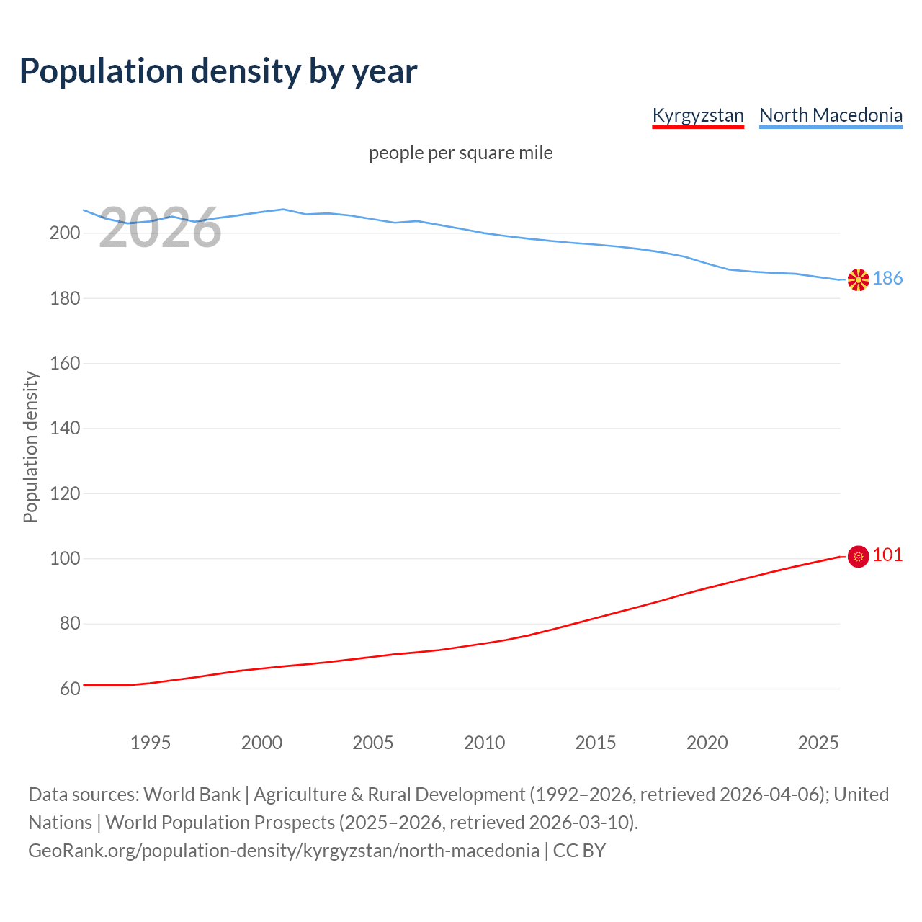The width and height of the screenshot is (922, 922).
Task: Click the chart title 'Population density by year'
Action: click(x=218, y=71)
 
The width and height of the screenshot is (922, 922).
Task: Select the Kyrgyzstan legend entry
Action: click(x=697, y=115)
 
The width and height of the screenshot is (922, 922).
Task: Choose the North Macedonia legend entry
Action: click(x=831, y=115)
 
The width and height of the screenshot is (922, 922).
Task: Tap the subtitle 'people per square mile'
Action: click(x=460, y=153)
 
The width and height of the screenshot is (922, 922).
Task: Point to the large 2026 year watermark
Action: click(x=160, y=228)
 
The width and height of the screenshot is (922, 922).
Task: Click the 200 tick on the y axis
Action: click(x=64, y=233)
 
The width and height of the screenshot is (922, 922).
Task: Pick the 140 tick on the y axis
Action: click(x=64, y=429)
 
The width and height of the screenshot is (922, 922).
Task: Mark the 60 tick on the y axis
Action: click(x=69, y=689)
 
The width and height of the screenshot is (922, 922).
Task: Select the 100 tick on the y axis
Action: click(x=64, y=558)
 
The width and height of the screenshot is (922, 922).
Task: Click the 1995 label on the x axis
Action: click(x=150, y=743)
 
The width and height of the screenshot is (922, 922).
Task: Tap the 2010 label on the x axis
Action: click(x=484, y=743)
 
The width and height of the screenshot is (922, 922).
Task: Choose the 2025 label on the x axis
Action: click(x=818, y=743)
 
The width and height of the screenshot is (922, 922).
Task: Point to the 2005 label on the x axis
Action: click(x=372, y=743)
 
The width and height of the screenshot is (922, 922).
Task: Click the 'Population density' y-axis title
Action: click(x=30, y=447)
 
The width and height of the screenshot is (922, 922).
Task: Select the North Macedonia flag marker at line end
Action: click(x=858, y=279)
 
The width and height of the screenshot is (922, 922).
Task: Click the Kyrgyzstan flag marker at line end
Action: click(x=858, y=556)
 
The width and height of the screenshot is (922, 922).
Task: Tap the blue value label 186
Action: click(x=887, y=279)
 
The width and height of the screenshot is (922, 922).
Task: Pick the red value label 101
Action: click(x=887, y=555)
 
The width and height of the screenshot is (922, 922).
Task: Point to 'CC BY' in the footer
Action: click(x=579, y=850)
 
